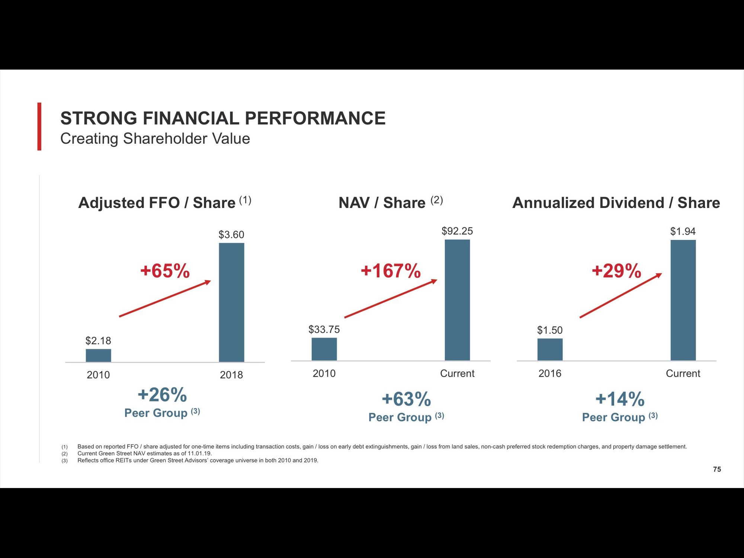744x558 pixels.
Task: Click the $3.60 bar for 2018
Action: pos(231,302)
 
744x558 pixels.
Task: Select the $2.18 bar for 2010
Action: pos(98,355)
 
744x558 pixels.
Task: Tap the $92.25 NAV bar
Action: pos(457,300)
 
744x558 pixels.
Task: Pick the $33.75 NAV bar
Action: pos(324,349)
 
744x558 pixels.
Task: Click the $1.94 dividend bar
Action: pos(683,300)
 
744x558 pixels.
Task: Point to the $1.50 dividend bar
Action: pos(550,349)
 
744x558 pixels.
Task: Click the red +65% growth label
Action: pos(165,270)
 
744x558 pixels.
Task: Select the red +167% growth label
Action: pos(391,270)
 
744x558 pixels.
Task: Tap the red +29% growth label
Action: pos(616,270)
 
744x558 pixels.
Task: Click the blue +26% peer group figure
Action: pos(162,395)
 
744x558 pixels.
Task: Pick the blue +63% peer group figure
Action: pos(406,399)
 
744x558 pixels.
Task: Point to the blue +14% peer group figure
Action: pos(620,399)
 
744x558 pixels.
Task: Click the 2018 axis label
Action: pos(231,375)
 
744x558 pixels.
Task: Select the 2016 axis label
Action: pos(550,373)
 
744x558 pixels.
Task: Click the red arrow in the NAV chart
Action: pos(391,299)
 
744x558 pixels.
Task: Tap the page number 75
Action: pos(717,469)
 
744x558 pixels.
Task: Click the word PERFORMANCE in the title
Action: pos(315,118)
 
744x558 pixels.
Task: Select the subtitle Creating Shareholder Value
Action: pos(155,139)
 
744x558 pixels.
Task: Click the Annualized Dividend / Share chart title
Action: pos(616,203)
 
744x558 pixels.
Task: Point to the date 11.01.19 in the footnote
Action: pos(199,453)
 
